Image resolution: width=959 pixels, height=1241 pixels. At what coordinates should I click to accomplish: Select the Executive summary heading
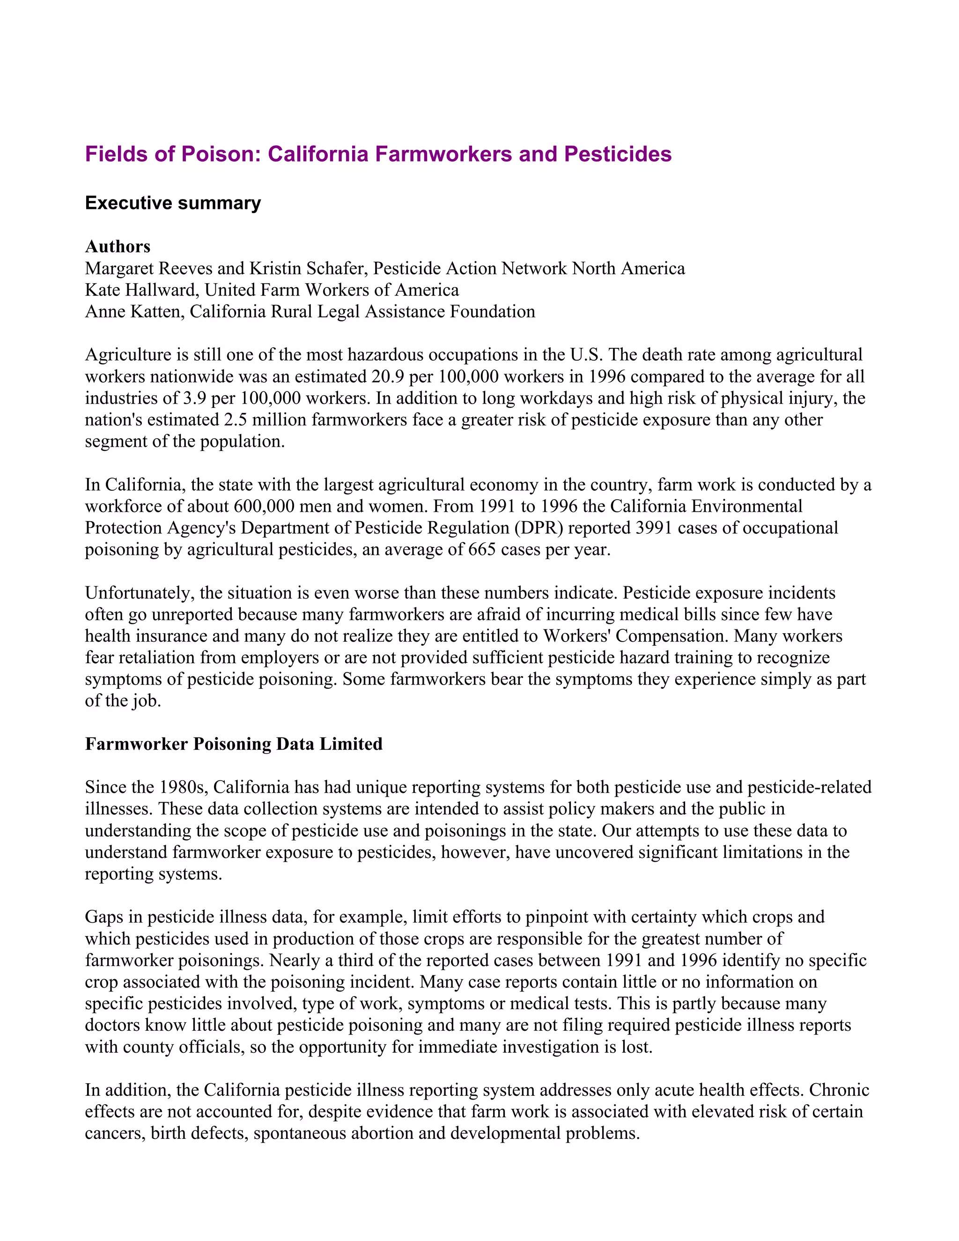[173, 203]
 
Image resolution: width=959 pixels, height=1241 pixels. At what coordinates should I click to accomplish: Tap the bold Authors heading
[118, 247]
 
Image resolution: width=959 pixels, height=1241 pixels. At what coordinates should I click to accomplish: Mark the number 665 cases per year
[482, 549]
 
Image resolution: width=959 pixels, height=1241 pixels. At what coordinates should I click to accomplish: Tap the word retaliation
[148, 657]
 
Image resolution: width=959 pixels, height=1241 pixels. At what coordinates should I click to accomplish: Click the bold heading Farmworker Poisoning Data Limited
[234, 744]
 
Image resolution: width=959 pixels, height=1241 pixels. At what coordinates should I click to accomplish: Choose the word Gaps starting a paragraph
[104, 916]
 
